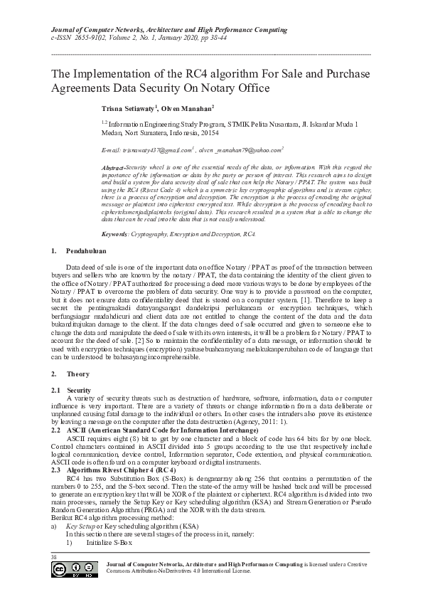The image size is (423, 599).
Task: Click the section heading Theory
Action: coord(77,373)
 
